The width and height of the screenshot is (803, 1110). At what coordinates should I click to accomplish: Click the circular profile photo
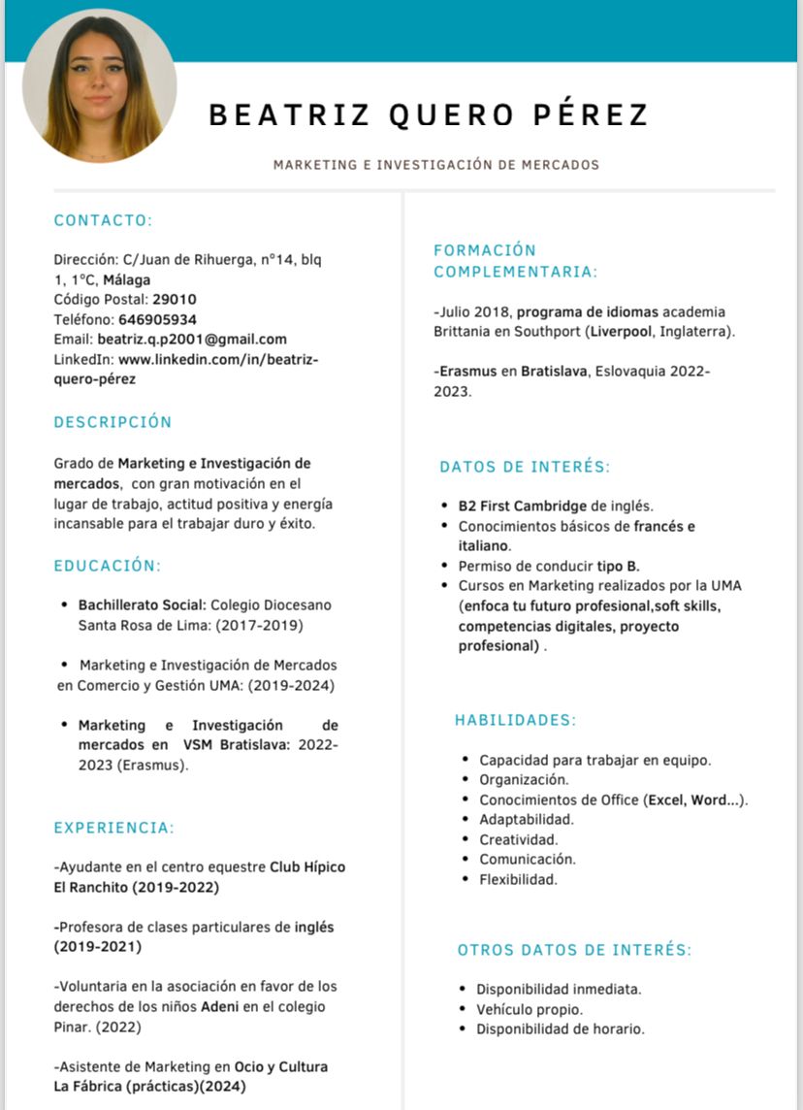(100, 86)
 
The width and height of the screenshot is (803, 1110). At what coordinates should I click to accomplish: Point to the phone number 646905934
(157, 319)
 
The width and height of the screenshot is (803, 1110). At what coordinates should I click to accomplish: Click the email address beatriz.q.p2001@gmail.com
(192, 339)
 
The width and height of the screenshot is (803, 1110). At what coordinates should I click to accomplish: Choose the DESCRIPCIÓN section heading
(112, 422)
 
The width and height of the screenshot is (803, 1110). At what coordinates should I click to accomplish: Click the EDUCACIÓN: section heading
(108, 566)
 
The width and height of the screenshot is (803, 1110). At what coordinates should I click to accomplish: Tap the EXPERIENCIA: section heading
(114, 828)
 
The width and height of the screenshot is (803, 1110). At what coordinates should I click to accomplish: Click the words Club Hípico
(307, 867)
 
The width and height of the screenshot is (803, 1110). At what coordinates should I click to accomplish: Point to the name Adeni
(220, 1006)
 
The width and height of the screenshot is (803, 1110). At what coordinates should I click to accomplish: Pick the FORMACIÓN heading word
(485, 250)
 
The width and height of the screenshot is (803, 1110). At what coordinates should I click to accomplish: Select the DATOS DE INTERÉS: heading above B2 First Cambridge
(525, 467)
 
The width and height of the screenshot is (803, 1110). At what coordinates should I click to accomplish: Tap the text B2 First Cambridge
(523, 506)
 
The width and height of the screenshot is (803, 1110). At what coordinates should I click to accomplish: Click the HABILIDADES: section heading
(516, 720)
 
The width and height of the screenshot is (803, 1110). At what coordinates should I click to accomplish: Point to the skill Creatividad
(519, 839)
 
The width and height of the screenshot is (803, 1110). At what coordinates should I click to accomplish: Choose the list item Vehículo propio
(530, 1009)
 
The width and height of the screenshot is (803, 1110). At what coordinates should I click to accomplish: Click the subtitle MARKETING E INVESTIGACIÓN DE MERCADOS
(436, 165)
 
